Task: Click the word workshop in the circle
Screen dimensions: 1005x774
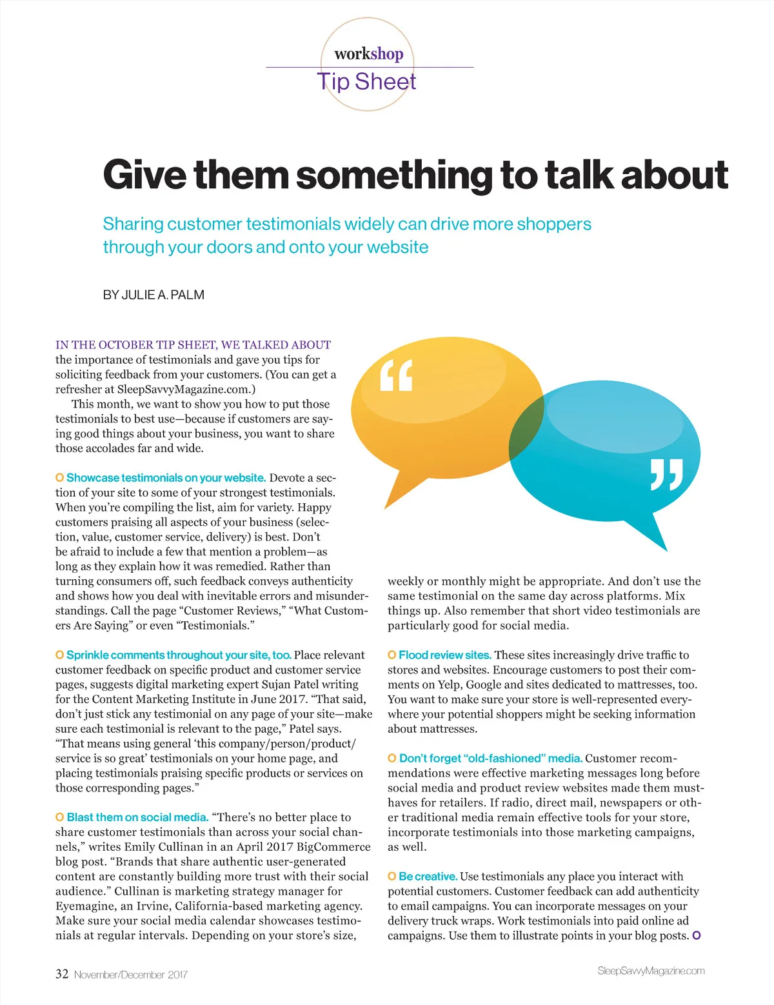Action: click(x=368, y=54)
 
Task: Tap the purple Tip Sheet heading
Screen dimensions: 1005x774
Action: click(x=366, y=82)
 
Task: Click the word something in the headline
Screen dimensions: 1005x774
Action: click(x=395, y=175)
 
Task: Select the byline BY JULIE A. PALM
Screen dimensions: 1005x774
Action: click(x=154, y=295)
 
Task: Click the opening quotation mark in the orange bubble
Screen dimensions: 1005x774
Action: click(x=395, y=376)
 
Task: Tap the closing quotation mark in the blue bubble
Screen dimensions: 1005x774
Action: click(x=666, y=475)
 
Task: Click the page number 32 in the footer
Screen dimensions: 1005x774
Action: click(x=62, y=974)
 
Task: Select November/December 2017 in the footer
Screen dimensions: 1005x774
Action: click(x=130, y=975)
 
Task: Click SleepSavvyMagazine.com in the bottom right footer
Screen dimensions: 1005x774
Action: click(x=651, y=971)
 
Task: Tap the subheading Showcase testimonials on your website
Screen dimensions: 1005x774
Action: click(x=166, y=478)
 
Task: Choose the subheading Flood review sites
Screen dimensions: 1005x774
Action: click(x=445, y=655)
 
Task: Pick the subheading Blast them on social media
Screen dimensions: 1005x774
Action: click(x=137, y=817)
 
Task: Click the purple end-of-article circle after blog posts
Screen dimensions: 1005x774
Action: click(x=696, y=935)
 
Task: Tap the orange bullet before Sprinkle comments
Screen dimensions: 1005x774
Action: click(x=59, y=655)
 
